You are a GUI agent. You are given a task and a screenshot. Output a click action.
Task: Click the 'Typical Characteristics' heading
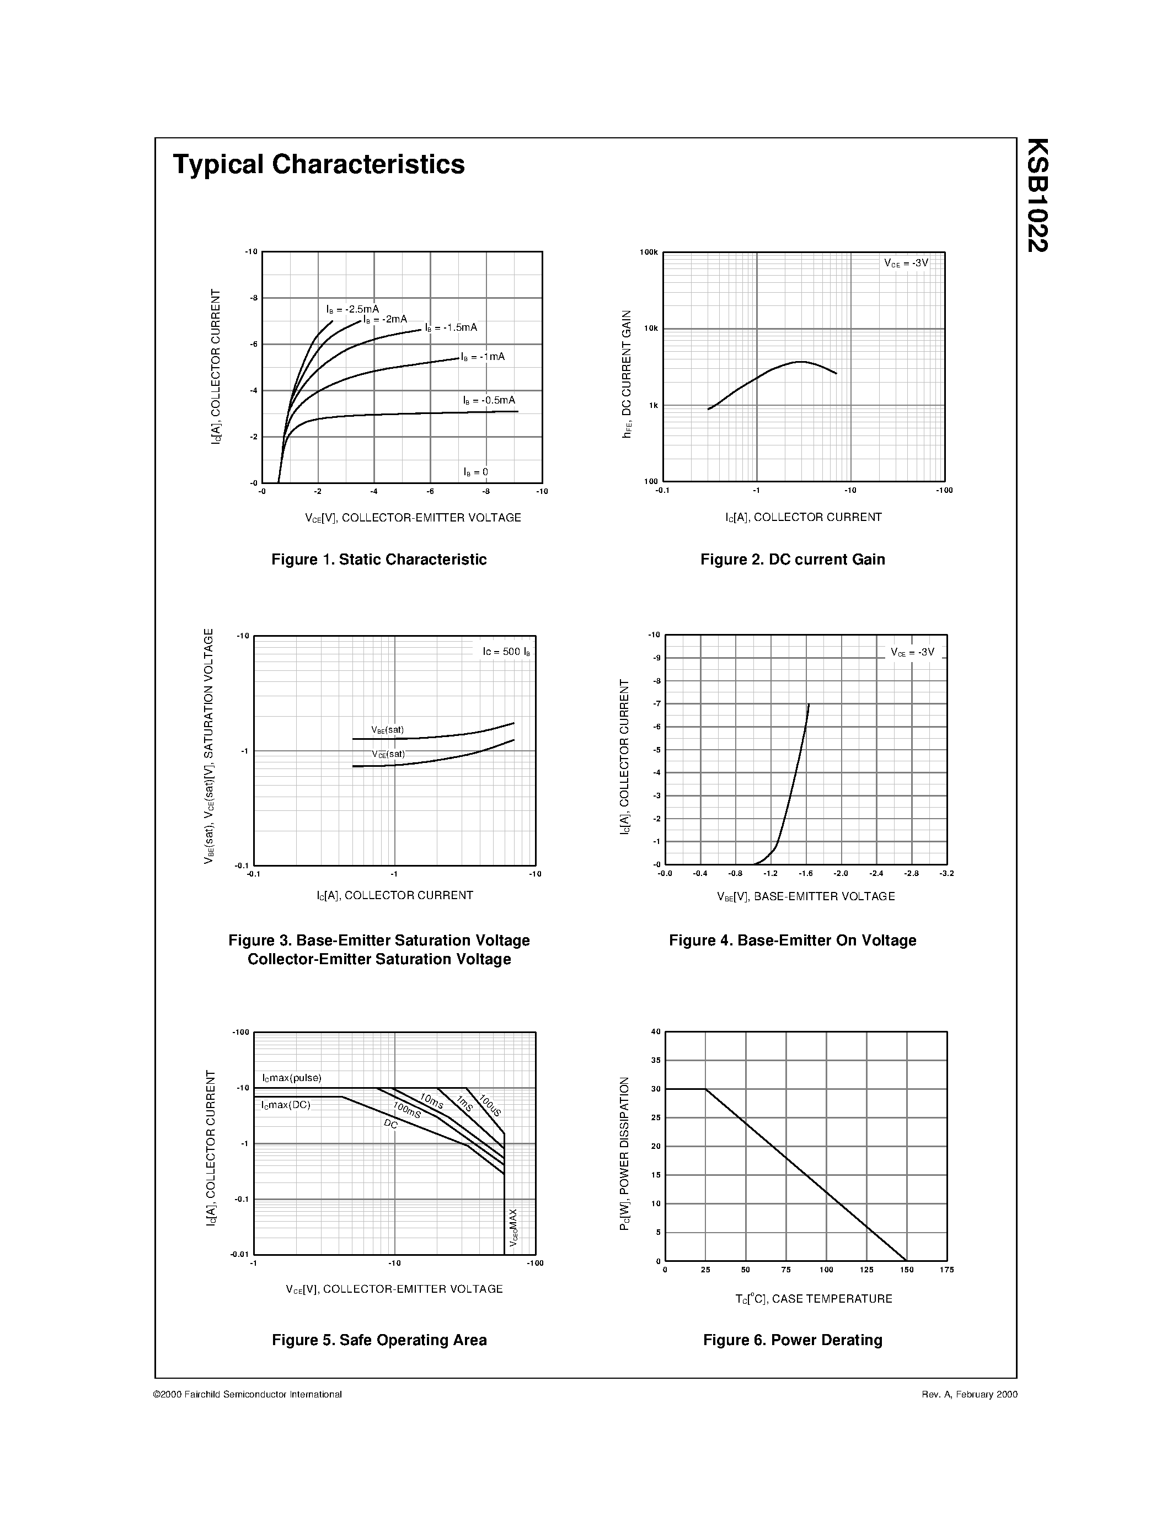319,164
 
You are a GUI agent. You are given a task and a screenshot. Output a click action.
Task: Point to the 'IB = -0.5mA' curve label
489,401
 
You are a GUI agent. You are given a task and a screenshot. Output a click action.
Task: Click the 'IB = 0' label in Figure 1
475,472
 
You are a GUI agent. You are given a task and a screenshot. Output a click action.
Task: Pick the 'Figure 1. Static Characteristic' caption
378,560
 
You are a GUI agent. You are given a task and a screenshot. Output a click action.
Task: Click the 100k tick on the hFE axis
649,252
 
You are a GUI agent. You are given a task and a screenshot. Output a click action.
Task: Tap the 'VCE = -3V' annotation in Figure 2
906,263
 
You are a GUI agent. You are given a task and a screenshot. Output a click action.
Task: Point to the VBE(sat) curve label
387,729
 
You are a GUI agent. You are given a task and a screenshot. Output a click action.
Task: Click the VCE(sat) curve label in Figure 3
387,754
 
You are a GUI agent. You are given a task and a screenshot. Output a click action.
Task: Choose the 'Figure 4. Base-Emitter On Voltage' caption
792,940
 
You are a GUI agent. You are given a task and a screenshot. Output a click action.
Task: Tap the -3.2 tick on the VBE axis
946,873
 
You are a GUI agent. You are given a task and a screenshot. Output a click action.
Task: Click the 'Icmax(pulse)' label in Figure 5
292,1078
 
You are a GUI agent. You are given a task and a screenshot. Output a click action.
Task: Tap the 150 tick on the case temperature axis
906,1270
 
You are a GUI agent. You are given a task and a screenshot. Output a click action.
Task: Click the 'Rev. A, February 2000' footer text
969,1394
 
